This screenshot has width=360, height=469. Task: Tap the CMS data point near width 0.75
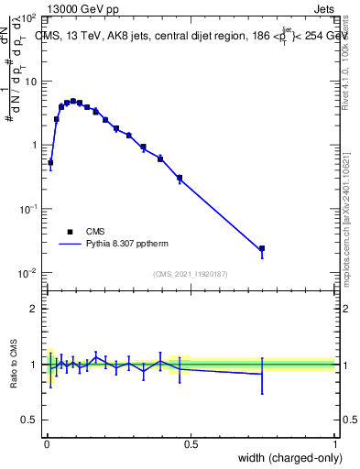click(262, 248)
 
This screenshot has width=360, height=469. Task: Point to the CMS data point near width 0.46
click(180, 178)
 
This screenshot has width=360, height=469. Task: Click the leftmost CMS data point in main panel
click(50, 162)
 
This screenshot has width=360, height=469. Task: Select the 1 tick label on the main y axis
click(33, 146)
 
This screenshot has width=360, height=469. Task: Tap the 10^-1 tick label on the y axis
click(27, 210)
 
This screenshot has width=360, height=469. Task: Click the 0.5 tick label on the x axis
click(191, 443)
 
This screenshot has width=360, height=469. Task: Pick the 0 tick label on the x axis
click(47, 443)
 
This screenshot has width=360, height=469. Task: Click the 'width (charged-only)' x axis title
click(286, 459)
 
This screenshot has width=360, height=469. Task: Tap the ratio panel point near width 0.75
click(262, 373)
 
